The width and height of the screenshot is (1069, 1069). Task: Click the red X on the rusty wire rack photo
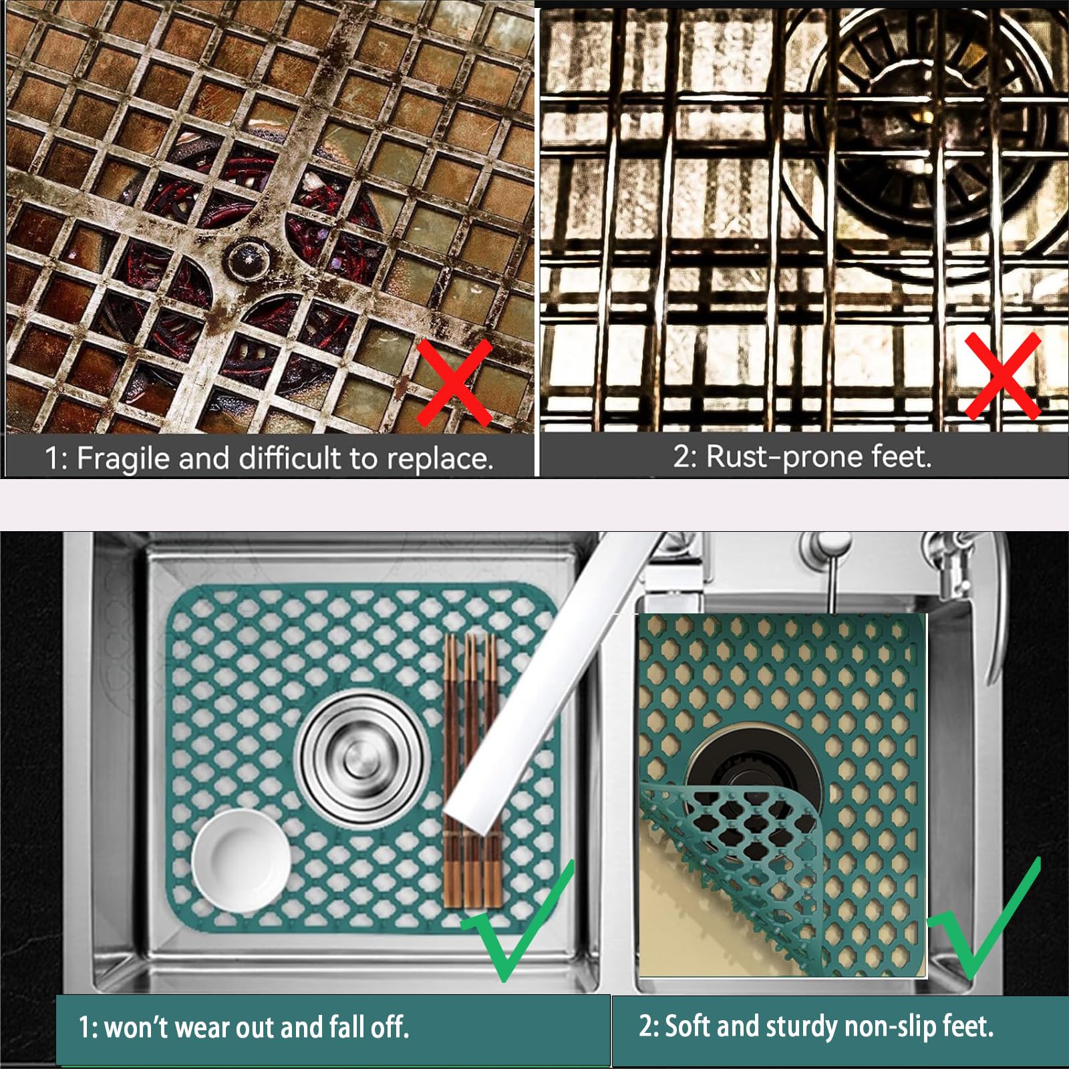click(x=1003, y=375)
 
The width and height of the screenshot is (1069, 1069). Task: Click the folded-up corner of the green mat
click(x=735, y=869)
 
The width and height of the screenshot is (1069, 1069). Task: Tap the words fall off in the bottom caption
click(x=369, y=1027)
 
